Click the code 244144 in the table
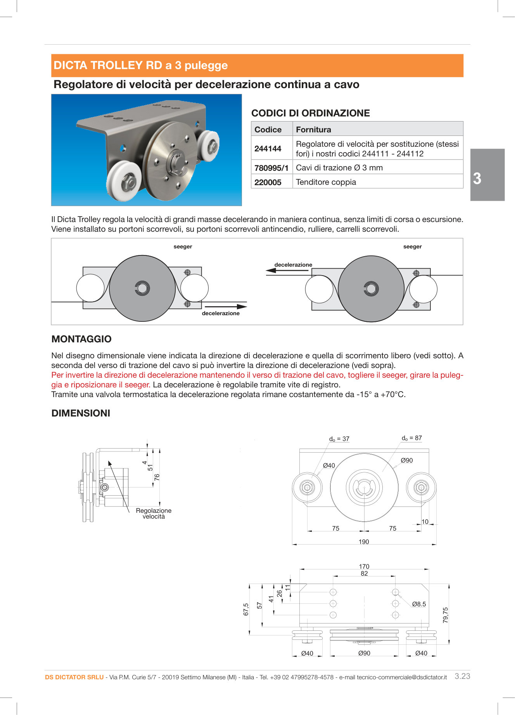pyautogui.click(x=268, y=149)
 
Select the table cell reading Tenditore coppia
pyautogui.click(x=326, y=182)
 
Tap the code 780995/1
pyautogui.click(x=271, y=168)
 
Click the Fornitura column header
pyautogui.click(x=313, y=130)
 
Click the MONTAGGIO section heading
pyautogui.click(x=81, y=339)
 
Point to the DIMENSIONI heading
pyautogui.click(x=81, y=413)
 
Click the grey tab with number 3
pyautogui.click(x=487, y=175)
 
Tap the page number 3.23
pyautogui.click(x=462, y=676)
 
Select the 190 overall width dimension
pyautogui.click(x=363, y=541)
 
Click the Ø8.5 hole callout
pyautogui.click(x=419, y=604)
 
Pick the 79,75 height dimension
pyautogui.click(x=445, y=615)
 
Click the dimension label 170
pyautogui.click(x=364, y=566)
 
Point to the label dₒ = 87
pyautogui.click(x=411, y=438)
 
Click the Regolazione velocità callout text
pyautogui.click(x=154, y=513)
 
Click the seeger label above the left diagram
pyautogui.click(x=183, y=246)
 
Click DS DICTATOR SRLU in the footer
pyautogui.click(x=74, y=677)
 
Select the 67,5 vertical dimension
pyautogui.click(x=246, y=609)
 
